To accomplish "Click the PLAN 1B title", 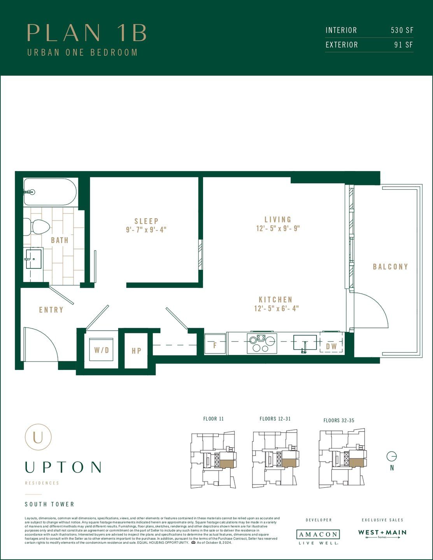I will (x=87, y=33).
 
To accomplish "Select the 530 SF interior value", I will (x=402, y=30).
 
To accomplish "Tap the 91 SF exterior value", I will (x=403, y=45).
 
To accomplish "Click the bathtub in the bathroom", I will (x=50, y=192).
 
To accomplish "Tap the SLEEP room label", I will (x=146, y=221).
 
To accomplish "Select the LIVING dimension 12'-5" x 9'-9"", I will (x=278, y=229).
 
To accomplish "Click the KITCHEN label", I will (x=275, y=299).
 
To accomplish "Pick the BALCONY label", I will (x=390, y=267).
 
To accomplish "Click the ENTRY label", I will (x=51, y=310).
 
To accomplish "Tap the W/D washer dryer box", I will (x=102, y=350).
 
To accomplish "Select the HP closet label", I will (x=136, y=351).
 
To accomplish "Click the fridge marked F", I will (x=215, y=344).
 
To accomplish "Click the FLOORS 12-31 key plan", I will (x=275, y=459).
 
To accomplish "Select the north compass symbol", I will (x=392, y=456).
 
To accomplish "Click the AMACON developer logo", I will (x=318, y=534).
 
